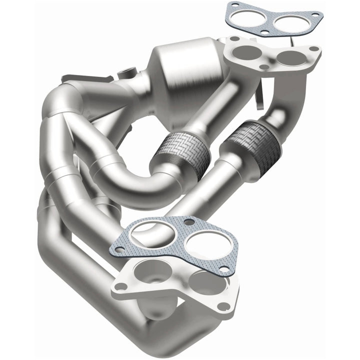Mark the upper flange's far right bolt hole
pyautogui.click(x=314, y=49)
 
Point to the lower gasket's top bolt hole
pyautogui.click(x=188, y=221)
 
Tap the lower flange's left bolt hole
pyautogui.click(x=119, y=287)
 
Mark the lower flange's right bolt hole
pyautogui.click(x=223, y=305)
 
